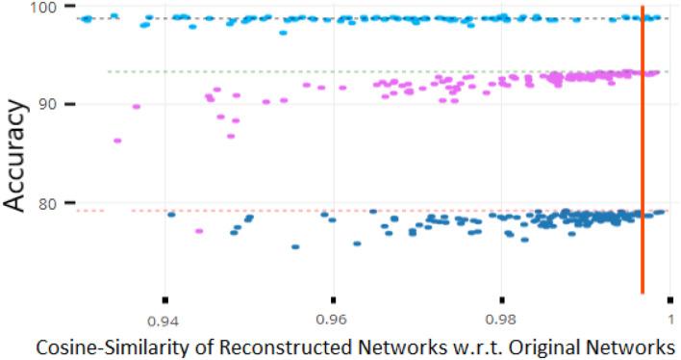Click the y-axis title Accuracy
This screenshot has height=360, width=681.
tap(17, 154)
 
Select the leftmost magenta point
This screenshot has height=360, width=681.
tap(117, 141)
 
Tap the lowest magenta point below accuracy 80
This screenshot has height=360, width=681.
tap(199, 231)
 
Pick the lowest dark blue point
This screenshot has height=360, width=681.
tap(295, 246)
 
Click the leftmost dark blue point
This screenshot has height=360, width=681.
tap(171, 214)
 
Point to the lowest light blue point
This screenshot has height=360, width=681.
tap(283, 33)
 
